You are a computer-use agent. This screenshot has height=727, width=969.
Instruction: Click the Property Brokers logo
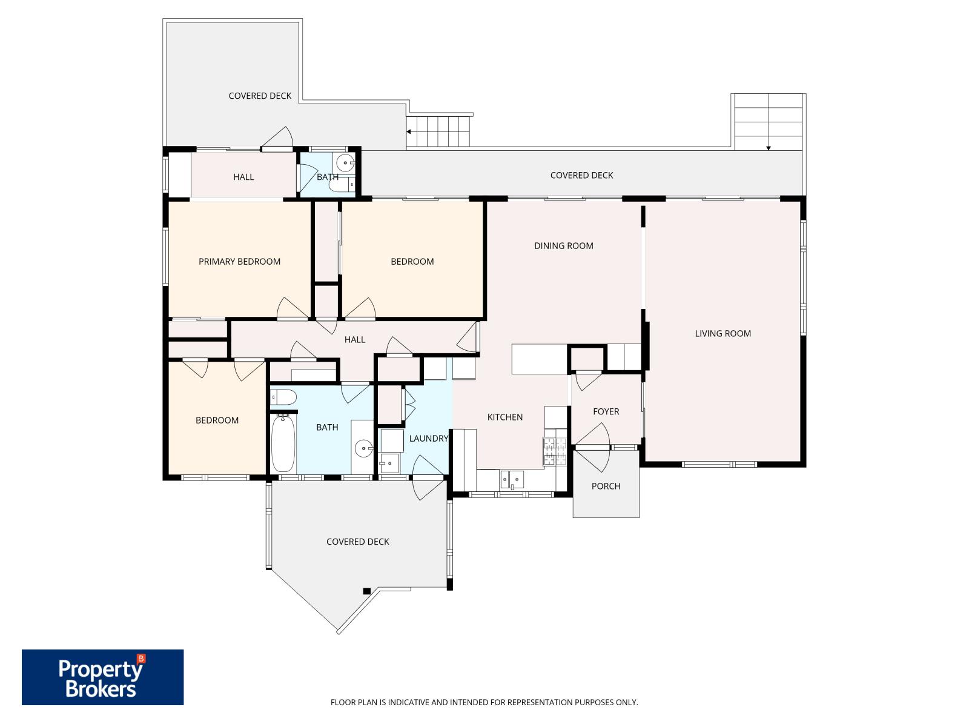pyautogui.click(x=102, y=677)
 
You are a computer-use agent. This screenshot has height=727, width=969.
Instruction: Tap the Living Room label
pyautogui.click(x=723, y=334)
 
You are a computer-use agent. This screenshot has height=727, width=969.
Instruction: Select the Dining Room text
pyautogui.click(x=563, y=246)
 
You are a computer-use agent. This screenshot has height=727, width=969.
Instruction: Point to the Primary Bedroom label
pyautogui.click(x=239, y=262)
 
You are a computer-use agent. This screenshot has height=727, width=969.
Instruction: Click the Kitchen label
pyautogui.click(x=504, y=417)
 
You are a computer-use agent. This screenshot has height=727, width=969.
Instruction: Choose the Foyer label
pyautogui.click(x=606, y=412)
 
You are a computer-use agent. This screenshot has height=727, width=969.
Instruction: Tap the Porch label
pyautogui.click(x=606, y=486)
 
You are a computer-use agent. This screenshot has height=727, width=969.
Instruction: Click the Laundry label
pyautogui.click(x=428, y=438)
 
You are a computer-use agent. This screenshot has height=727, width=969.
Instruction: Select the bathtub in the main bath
pyautogui.click(x=283, y=443)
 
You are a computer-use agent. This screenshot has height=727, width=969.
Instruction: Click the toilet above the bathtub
pyautogui.click(x=283, y=397)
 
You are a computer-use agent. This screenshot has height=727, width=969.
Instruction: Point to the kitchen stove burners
pyautogui.click(x=555, y=451)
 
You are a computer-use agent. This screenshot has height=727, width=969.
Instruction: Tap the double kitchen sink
pyautogui.click(x=512, y=479)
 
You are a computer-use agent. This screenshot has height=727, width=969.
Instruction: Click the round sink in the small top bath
pyautogui.click(x=345, y=163)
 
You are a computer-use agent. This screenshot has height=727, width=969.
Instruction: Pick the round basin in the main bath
pyautogui.click(x=363, y=449)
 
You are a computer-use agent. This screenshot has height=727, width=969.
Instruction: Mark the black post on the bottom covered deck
pyautogui.click(x=366, y=591)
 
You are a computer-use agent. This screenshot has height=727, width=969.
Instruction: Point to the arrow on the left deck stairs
pyautogui.click(x=409, y=131)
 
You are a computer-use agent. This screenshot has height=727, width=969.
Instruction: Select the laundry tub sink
pyautogui.click(x=389, y=463)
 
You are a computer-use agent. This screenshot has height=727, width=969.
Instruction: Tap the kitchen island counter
pyautogui.click(x=540, y=359)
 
